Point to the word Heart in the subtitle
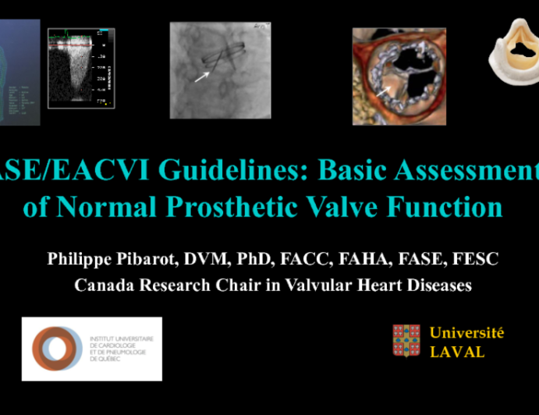click(x=361, y=286)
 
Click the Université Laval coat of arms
click(x=406, y=341)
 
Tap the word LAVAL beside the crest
click(x=457, y=352)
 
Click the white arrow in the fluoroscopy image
click(x=202, y=76)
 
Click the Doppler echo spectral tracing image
click(x=81, y=69)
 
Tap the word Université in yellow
click(x=466, y=333)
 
